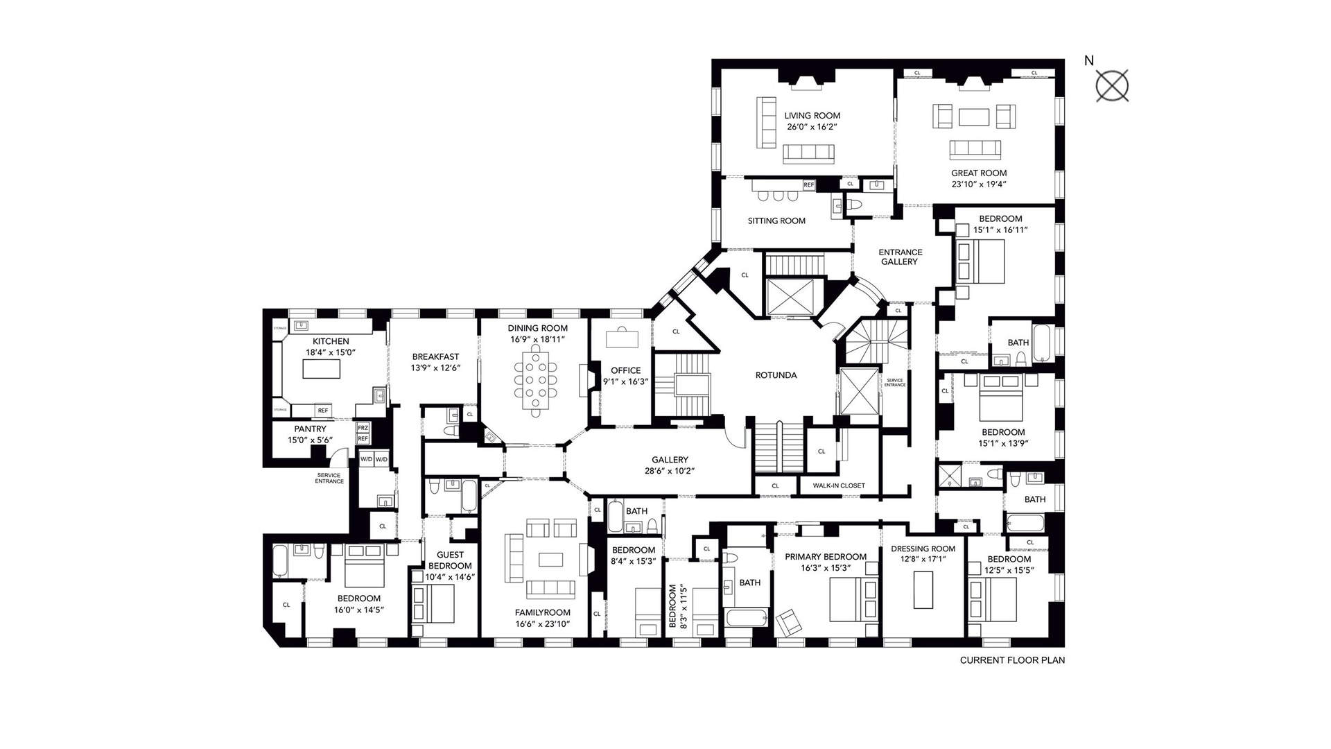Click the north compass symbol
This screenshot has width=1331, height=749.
1112,86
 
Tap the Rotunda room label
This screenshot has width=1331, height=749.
776,375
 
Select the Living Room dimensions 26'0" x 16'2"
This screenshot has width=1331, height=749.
812,128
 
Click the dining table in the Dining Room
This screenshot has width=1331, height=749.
535,383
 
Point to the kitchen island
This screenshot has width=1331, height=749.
322,369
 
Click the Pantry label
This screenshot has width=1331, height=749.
310,429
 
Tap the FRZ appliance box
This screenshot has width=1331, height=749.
363,428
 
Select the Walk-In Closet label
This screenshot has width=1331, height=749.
839,485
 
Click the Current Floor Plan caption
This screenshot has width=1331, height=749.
1011,660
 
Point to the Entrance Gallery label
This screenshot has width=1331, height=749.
900,257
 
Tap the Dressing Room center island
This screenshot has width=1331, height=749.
923,589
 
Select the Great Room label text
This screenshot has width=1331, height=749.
978,173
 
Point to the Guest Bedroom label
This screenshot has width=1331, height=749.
450,560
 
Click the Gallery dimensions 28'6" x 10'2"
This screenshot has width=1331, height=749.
669,470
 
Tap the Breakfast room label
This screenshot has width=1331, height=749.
435,357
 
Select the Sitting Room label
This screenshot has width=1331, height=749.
776,221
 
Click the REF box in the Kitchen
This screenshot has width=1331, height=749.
323,411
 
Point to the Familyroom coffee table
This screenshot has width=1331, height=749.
552,559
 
